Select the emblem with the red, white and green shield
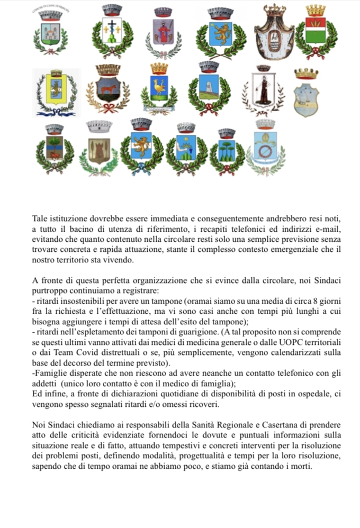(x=316, y=33)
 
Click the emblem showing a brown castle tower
(x=98, y=149)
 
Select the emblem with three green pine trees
(x=227, y=150)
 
